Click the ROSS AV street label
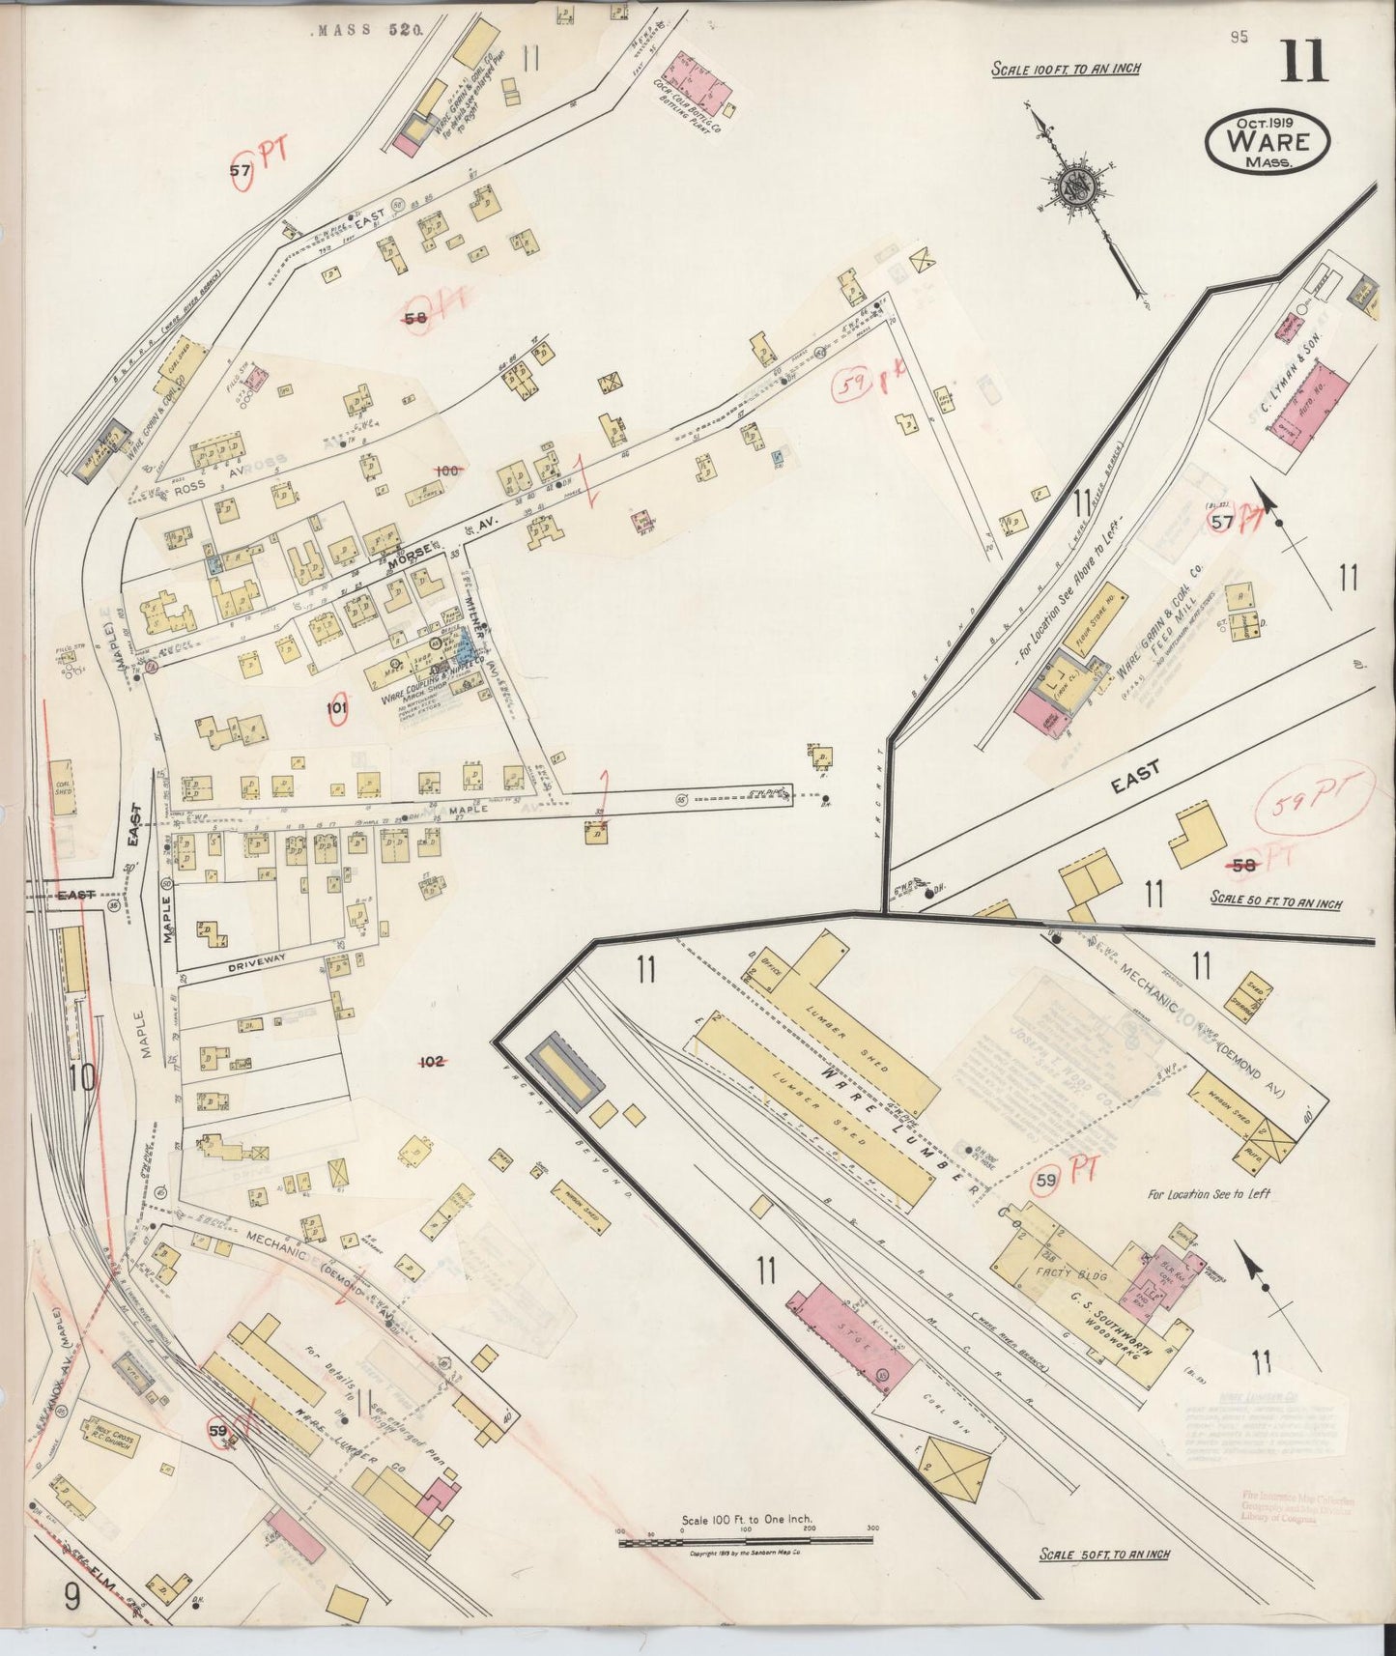point(201,489)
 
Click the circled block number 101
point(336,707)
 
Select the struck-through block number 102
point(430,1062)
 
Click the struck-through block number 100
point(446,471)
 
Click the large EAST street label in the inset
point(1136,776)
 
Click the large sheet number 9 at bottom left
point(71,1597)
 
